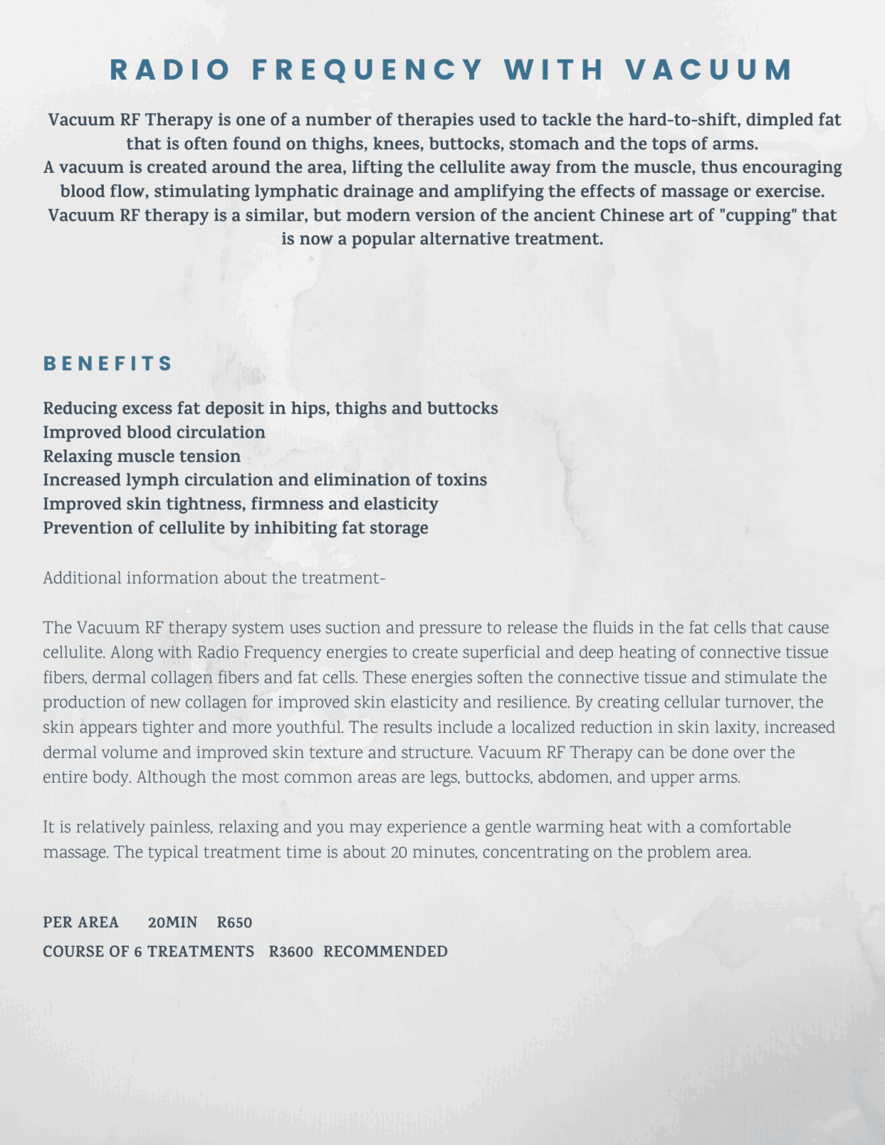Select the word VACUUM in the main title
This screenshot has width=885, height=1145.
click(709, 70)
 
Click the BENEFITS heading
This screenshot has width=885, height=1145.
click(108, 364)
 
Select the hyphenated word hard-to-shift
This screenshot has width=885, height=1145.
click(684, 120)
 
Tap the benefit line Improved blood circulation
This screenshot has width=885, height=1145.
click(154, 432)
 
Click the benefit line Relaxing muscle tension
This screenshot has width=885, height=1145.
click(142, 456)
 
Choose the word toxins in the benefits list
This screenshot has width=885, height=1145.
click(462, 480)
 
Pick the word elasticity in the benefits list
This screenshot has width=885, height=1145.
click(400, 504)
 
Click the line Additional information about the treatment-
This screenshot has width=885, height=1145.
click(214, 578)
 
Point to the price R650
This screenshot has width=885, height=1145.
click(234, 923)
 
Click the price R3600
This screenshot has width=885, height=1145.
click(291, 952)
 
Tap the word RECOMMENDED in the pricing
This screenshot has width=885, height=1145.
click(385, 952)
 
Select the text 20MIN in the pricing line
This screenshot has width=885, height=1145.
click(172, 923)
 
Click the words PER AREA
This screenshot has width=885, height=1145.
click(81, 923)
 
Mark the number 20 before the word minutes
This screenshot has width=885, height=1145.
click(398, 852)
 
